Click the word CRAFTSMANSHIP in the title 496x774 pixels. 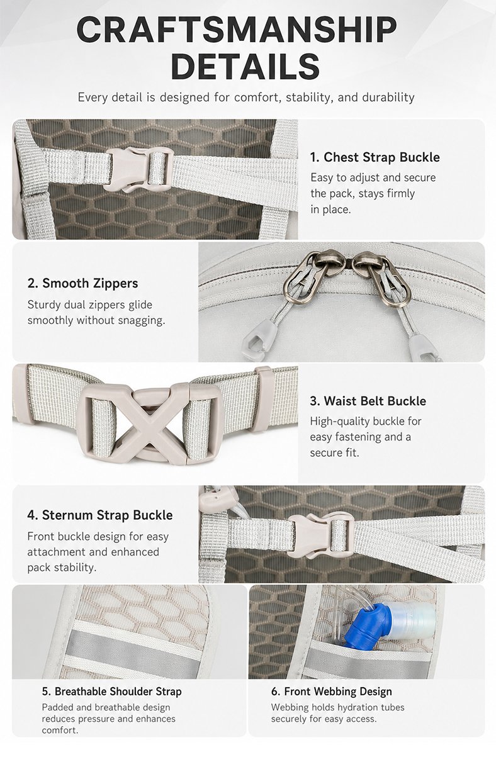[x=237, y=30]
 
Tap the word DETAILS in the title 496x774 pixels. [x=245, y=66]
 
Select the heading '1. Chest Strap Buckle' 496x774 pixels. [x=375, y=157]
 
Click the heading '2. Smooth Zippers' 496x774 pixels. [x=82, y=283]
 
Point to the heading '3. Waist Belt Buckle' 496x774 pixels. [x=368, y=401]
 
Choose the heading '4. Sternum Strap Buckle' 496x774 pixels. [x=100, y=515]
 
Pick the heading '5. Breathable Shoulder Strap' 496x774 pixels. [x=111, y=692]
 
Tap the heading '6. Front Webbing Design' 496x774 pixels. [x=332, y=692]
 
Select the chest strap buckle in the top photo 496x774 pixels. [x=138, y=169]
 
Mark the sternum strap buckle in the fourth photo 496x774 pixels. [x=320, y=536]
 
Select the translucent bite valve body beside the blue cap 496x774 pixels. [x=413, y=620]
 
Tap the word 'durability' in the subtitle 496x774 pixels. [x=388, y=98]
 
